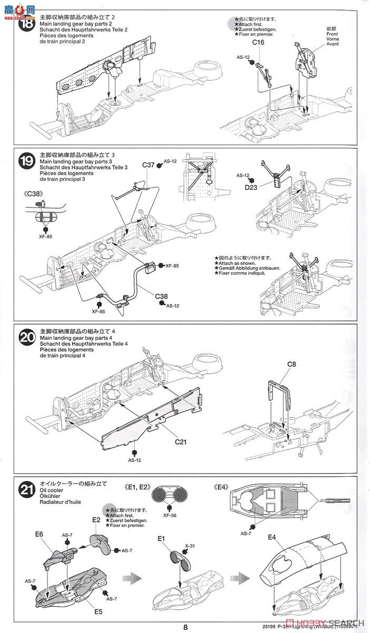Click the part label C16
258,42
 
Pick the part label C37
148,165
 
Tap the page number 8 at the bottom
186,627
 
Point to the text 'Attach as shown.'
238,262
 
